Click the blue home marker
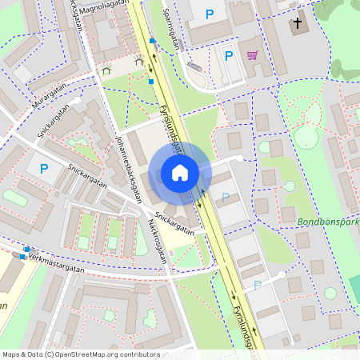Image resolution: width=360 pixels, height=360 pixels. coord(179,173)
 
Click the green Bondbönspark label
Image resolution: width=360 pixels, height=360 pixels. coord(328,222)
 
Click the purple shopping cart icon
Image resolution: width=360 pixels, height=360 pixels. coord(253,55)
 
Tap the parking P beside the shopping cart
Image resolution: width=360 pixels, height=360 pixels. coord(229,56)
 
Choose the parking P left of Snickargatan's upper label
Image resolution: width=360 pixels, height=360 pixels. coord(44,169)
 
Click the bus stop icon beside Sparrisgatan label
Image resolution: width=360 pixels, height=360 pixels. coord(151,40)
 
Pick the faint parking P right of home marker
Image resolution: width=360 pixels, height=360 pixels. coord(226,197)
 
